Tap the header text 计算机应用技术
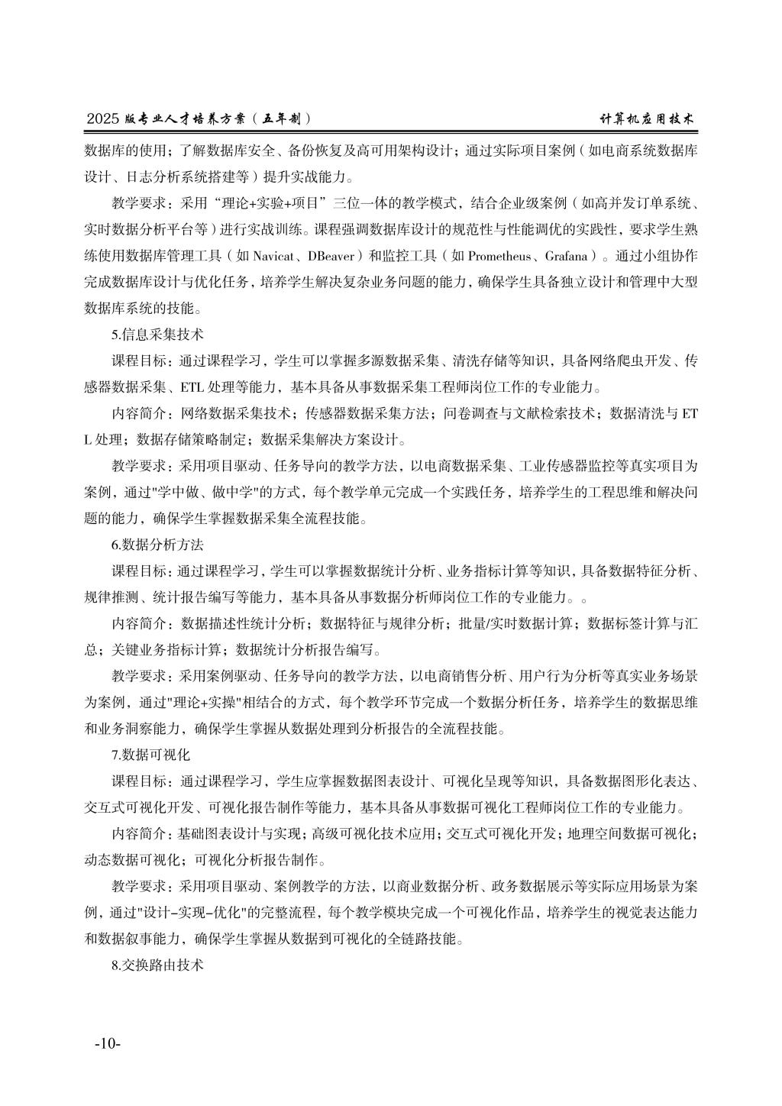pos(647,118)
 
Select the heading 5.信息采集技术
pos(157,334)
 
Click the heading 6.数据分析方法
pos(157,545)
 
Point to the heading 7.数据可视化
pos(150,755)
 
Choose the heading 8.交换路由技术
pos(157,965)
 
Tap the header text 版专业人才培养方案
pos(189,118)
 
